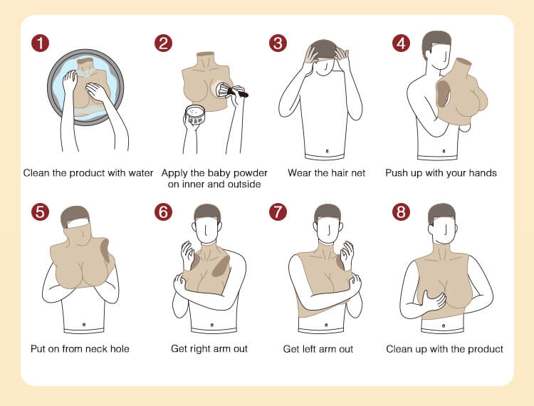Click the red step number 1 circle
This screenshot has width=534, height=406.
point(40,43)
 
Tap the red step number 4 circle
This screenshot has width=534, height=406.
point(401,43)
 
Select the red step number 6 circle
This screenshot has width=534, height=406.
point(163,212)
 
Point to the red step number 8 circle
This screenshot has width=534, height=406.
point(401,212)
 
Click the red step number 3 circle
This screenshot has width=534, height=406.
point(278,43)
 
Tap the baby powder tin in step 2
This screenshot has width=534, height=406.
point(195,116)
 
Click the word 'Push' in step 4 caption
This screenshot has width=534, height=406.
point(395,173)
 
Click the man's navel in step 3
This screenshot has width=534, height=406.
point(327,150)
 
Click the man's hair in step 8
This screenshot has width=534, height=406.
point(441,213)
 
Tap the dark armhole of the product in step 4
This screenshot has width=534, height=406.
point(443,93)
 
